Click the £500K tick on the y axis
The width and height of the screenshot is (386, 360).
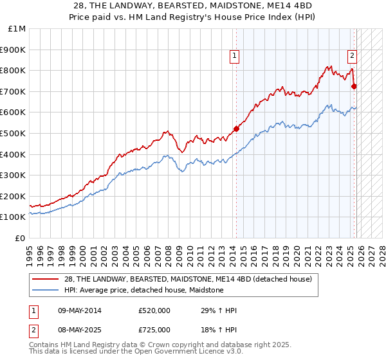pos(14,133)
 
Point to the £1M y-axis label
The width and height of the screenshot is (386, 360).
pos(17,29)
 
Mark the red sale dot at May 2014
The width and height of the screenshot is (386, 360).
pos(236,129)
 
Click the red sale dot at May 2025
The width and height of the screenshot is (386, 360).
pos(354,86)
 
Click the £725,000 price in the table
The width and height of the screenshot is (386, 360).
pos(154,329)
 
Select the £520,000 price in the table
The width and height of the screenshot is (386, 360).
pos(154,310)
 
